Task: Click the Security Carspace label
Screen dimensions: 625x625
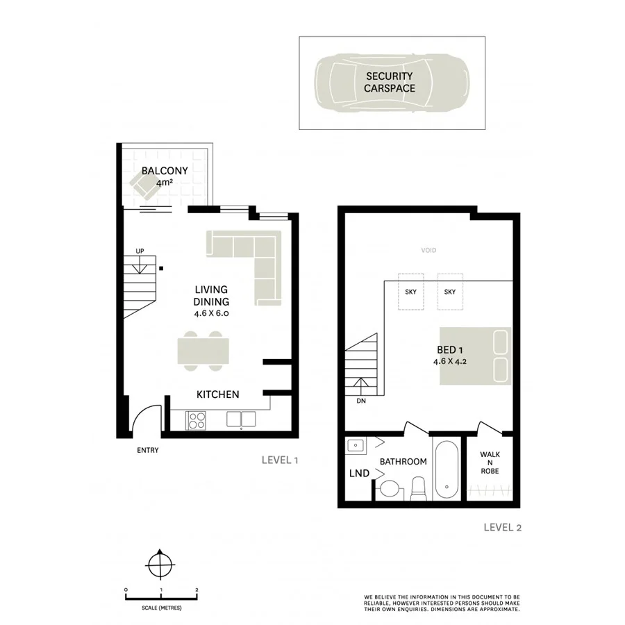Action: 390,82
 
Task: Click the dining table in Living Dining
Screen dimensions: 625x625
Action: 201,349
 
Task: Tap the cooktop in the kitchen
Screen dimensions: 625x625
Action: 196,419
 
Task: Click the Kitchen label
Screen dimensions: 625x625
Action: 217,394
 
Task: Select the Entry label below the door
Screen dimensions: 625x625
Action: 147,450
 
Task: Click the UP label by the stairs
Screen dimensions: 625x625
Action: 140,251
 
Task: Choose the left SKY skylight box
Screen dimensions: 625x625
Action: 410,292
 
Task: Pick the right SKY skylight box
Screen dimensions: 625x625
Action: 449,292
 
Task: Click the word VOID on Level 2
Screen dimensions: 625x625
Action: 428,251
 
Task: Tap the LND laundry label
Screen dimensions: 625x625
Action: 359,474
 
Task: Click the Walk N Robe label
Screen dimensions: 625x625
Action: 490,462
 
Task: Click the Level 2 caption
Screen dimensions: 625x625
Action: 502,527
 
